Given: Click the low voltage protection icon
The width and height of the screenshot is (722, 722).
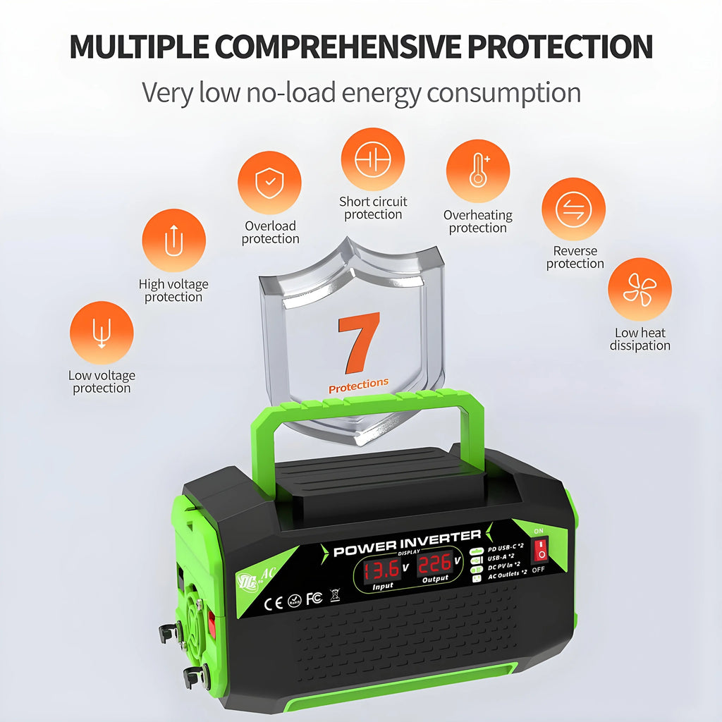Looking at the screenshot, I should tap(102, 333).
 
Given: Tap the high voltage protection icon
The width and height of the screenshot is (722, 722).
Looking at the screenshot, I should tap(173, 241).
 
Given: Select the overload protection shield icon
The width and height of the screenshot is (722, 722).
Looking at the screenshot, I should tap(269, 183).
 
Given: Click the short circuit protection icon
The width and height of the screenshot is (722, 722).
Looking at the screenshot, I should tap(372, 159).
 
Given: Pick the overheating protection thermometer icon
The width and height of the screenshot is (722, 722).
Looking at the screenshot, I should tap(478, 172).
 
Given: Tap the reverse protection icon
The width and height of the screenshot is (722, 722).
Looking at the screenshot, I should tap(574, 209).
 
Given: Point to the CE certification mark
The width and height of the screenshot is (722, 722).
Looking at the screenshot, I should tap(273, 603).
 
